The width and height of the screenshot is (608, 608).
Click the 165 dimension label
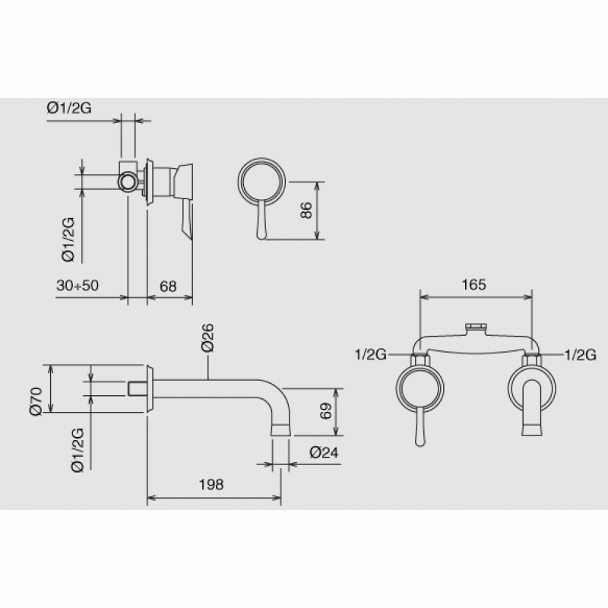point(473,284)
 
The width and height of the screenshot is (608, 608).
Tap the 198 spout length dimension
point(211,484)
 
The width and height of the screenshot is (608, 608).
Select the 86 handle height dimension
point(306,211)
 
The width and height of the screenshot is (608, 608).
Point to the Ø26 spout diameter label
point(207,337)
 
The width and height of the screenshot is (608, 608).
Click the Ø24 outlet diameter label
point(324,452)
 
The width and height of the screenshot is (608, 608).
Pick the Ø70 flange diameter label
point(36,401)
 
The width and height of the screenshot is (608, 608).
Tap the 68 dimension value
point(168,287)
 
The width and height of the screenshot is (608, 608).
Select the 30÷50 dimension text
point(78,286)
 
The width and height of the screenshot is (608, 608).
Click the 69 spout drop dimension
point(326,411)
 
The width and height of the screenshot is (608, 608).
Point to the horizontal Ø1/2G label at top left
point(69,107)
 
